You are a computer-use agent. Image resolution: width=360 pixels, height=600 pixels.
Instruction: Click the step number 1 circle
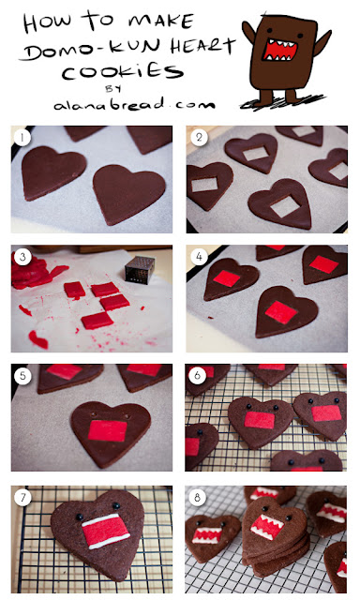pos(22,138)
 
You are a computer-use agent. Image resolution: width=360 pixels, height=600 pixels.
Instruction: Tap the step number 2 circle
pos(199,138)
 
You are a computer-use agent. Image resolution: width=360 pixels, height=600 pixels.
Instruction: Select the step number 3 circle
pos(22,257)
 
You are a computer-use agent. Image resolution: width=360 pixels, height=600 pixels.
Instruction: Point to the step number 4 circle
pos(199,257)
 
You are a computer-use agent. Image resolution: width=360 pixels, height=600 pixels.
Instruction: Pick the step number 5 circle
pos(22,376)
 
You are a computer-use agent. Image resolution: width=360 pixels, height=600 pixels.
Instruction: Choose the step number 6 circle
pos(198,376)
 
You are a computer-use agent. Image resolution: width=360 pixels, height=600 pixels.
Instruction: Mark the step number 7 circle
pos(22,498)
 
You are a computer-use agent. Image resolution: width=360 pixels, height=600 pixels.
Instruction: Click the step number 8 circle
pos(198,498)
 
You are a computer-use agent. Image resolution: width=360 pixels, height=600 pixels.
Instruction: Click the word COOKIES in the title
pos(123,72)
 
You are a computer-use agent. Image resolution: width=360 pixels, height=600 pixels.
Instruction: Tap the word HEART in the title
pos(202,47)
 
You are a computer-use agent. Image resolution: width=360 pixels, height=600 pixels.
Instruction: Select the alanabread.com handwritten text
pos(134,104)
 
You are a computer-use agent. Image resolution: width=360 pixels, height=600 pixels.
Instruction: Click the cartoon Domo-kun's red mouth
pos(279,51)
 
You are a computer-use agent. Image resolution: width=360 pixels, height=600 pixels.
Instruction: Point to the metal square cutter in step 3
pos(140,269)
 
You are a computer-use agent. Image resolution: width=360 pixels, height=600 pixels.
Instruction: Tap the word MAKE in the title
pos(160,21)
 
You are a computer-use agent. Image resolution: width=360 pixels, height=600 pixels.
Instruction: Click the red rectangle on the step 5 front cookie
pos(108,430)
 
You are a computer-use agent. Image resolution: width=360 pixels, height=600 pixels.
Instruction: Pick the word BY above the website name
pos(113,89)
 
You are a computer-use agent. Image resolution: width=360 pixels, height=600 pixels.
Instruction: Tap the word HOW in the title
pos(47,22)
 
